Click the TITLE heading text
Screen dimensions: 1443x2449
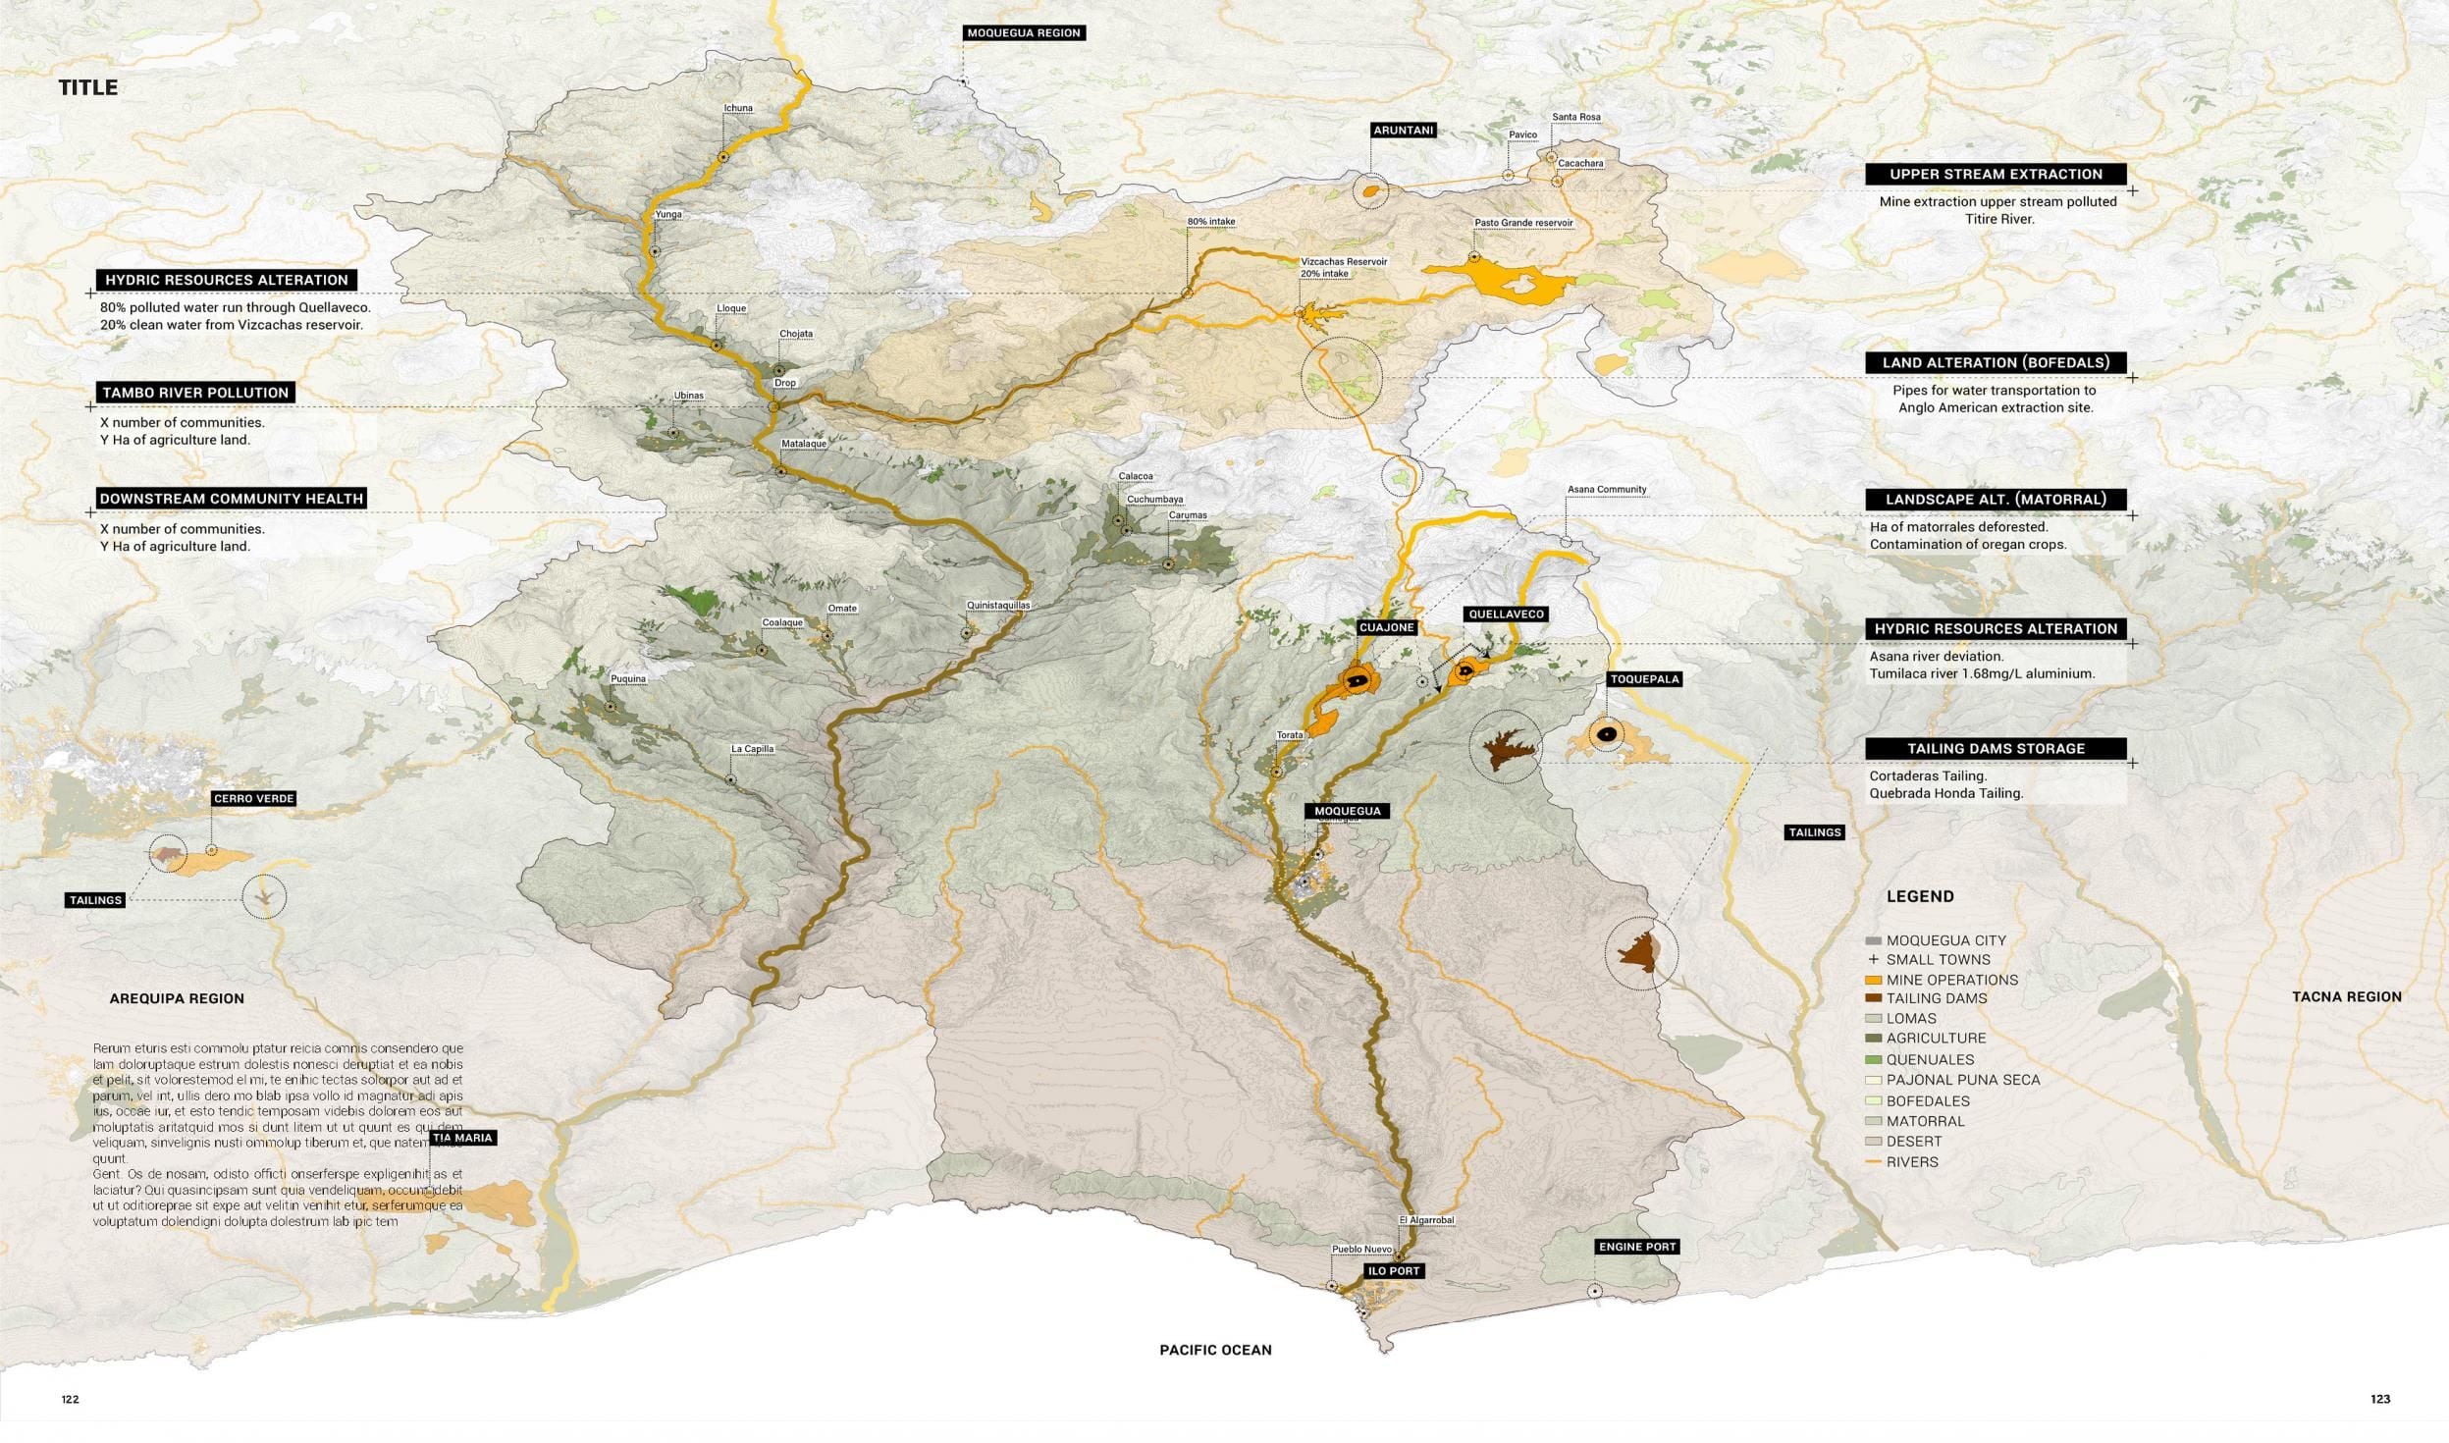pyautogui.click(x=88, y=87)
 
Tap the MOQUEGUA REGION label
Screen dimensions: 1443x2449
pyautogui.click(x=1023, y=32)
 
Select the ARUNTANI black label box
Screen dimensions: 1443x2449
pyautogui.click(x=1403, y=130)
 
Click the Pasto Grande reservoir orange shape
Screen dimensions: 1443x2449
pyautogui.click(x=1517, y=281)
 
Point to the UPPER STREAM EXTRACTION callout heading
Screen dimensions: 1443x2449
pyautogui.click(x=1996, y=174)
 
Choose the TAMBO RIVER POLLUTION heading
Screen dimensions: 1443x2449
pyautogui.click(x=195, y=393)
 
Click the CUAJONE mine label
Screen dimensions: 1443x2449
pyautogui.click(x=1386, y=627)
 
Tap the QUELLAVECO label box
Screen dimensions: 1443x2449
pyautogui.click(x=1506, y=615)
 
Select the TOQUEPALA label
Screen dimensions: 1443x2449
pyautogui.click(x=1644, y=679)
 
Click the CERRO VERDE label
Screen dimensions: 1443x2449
pyautogui.click(x=253, y=798)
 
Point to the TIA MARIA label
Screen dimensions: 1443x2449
pyautogui.click(x=462, y=1138)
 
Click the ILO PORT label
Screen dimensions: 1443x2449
pyautogui.click(x=1393, y=1270)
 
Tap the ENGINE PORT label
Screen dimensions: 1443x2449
pyautogui.click(x=1636, y=1247)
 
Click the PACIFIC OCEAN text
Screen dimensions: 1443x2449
pyautogui.click(x=1214, y=1350)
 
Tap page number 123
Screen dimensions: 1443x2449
pyautogui.click(x=2379, y=1399)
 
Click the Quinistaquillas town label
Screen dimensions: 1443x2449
pyautogui.click(x=997, y=606)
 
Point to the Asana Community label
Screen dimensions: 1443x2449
pyautogui.click(x=1606, y=489)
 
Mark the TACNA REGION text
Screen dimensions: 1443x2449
pyautogui.click(x=2346, y=996)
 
